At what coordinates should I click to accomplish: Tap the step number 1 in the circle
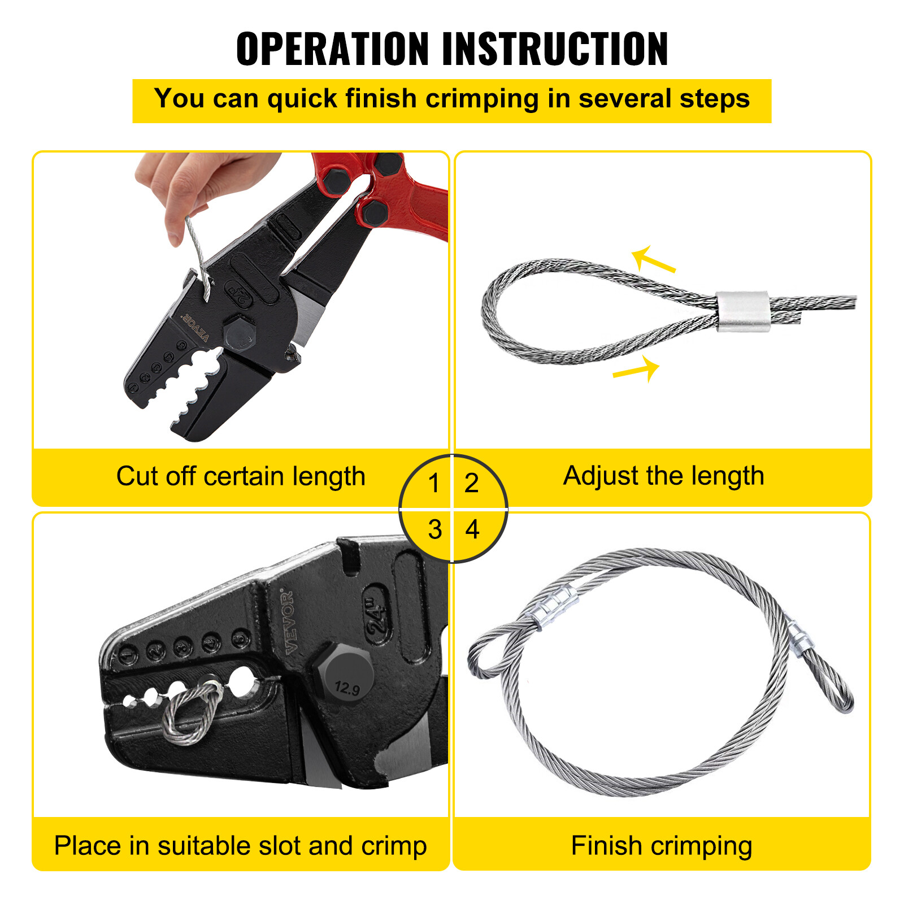point(433,483)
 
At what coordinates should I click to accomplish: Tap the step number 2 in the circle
point(471,483)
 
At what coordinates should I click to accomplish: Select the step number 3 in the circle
point(434,529)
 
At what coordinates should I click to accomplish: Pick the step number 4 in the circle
point(472,529)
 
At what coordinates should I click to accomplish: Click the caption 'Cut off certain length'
point(241,476)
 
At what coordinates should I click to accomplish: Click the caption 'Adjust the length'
point(663,476)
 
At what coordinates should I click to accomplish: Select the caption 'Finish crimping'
point(661,846)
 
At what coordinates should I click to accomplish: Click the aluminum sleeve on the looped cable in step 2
point(742,311)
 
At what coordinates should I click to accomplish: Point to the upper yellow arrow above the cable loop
point(653,259)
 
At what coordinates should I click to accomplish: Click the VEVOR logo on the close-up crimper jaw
point(288,621)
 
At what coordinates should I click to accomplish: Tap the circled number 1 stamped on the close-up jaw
point(128,657)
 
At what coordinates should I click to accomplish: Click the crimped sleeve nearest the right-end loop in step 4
point(800,642)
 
